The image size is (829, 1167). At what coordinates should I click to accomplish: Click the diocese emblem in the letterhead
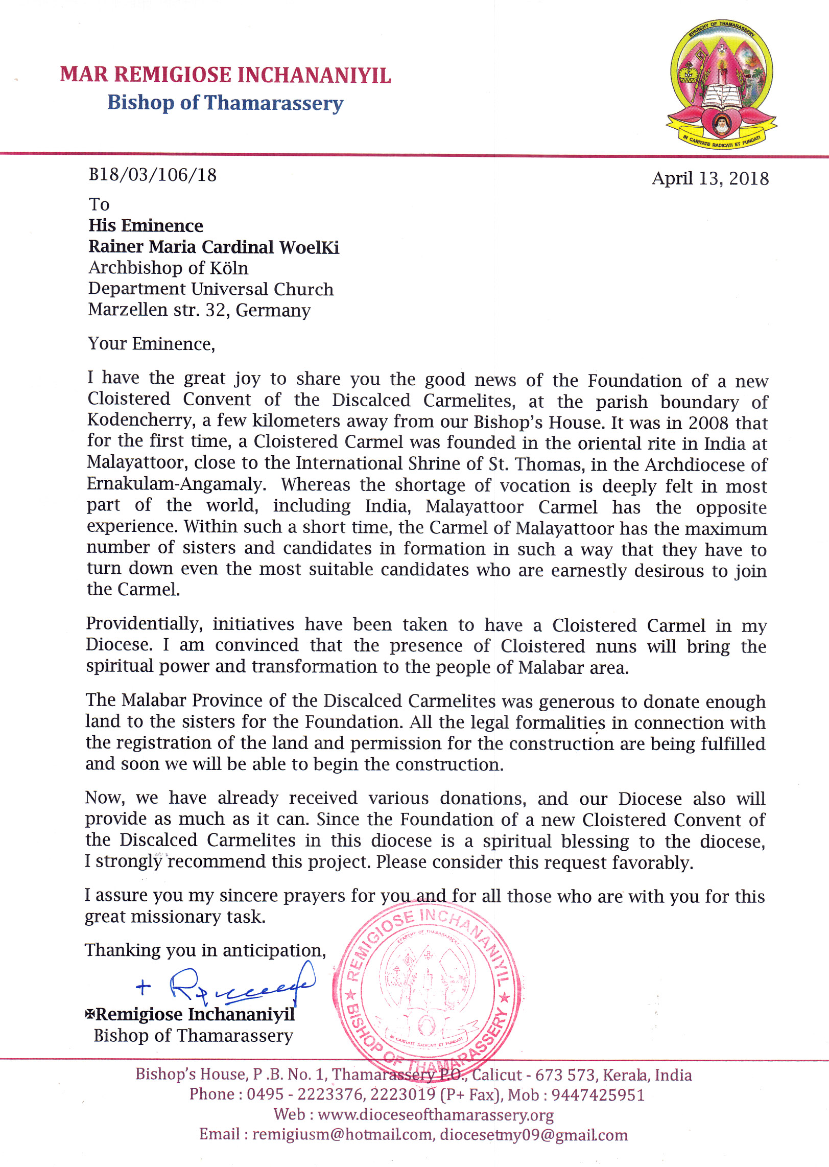click(x=721, y=85)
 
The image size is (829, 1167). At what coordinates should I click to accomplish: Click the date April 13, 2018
click(x=710, y=178)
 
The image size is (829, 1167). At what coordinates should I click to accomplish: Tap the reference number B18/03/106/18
click(x=152, y=175)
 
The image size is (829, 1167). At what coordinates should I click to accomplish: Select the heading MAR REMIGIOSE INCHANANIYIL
click(x=225, y=75)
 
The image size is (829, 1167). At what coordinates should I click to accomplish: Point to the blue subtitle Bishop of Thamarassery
click(x=225, y=103)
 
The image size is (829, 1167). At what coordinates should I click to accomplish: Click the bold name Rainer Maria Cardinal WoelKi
click(x=214, y=247)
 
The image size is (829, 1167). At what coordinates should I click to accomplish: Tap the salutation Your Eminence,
click(x=151, y=344)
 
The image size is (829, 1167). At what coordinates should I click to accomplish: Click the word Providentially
click(x=144, y=624)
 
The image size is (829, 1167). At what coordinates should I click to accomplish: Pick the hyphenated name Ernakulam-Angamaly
click(x=176, y=484)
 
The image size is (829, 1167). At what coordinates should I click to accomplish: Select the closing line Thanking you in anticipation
click(x=205, y=950)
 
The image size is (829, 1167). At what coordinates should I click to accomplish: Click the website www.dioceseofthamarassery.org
click(x=435, y=1114)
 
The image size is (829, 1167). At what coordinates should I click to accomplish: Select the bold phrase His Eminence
click(x=146, y=226)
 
